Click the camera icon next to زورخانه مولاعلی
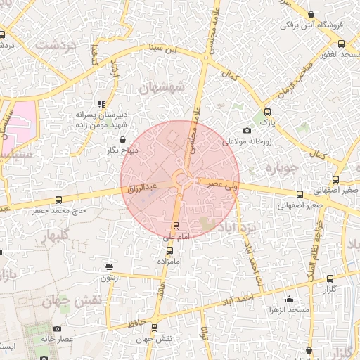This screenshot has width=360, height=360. pos(247,131)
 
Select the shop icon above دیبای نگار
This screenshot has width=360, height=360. pos(124,140)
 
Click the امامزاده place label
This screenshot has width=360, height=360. pos(169,261)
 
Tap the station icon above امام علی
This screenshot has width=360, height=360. pos(175,226)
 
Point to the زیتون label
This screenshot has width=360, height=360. pos(108,278)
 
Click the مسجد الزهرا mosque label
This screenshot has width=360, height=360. pos(288,310)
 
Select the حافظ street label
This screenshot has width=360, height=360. pos(137,323)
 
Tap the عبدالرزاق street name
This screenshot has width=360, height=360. pos(143,188)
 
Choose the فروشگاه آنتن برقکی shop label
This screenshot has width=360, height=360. pos(311,25)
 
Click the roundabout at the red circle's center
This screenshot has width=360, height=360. pos(180,179)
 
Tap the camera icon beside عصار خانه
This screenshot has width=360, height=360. pos(57,328)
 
